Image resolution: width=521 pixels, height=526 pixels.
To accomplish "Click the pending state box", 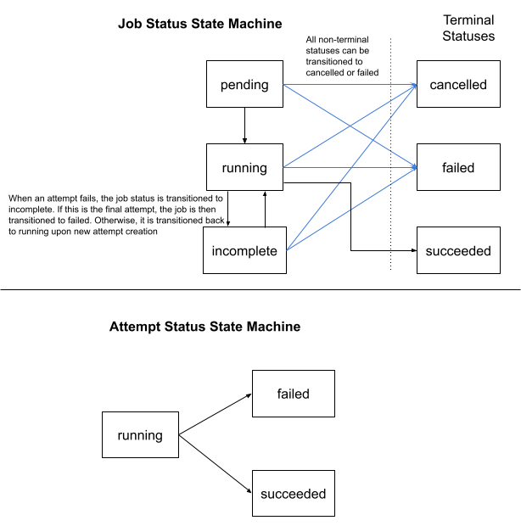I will coord(244,85).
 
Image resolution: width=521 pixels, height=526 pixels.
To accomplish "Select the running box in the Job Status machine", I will coord(244,168).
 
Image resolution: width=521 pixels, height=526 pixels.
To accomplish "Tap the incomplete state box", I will coord(244,250).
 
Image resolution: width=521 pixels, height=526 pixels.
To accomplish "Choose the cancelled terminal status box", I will coord(458,85).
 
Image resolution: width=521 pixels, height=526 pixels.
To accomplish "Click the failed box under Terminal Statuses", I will coord(458,168).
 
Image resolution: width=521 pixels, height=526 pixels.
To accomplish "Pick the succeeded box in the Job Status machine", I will coord(458,250).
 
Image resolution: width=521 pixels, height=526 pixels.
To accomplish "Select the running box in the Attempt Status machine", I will coord(140,435).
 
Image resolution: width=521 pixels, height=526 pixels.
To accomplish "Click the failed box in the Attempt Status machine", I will coord(293,394).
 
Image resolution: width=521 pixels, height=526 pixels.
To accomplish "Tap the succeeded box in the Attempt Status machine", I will coord(293,493).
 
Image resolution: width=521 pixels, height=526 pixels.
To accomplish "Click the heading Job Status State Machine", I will coord(199,24).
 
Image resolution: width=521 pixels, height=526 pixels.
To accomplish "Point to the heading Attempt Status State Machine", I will coord(204,326).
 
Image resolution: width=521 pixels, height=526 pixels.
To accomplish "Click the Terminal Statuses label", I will coord(468,28).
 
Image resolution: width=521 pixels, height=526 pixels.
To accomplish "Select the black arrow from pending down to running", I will coord(244,126).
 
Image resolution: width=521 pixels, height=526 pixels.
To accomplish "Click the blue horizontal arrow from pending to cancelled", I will coord(348,85).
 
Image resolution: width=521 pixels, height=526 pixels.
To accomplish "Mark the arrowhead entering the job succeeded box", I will coord(412,250).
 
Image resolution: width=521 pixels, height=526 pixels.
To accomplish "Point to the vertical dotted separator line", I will coord(390,153).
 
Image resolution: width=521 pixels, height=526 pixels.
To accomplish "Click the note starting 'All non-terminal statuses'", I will coord(342,55).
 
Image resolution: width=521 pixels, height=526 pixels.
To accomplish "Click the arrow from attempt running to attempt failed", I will coord(215,415).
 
